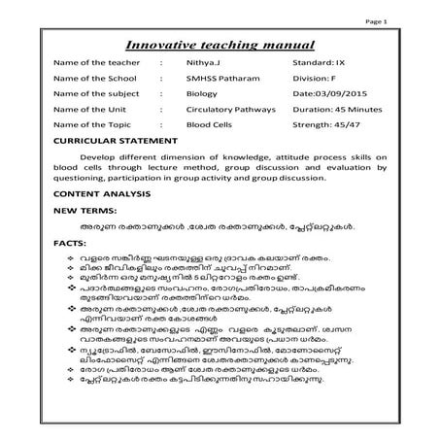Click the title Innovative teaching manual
click(x=221, y=45)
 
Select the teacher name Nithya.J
click(x=204, y=67)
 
